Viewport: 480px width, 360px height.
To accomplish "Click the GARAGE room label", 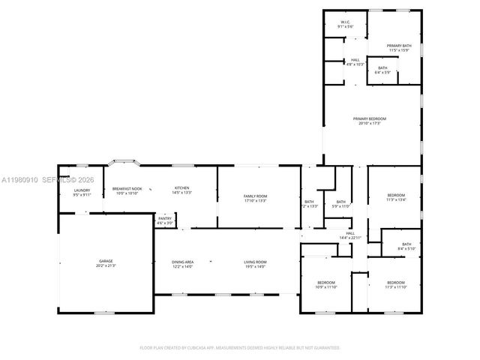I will point(106,261).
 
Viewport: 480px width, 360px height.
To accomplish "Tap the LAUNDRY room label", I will point(82,190).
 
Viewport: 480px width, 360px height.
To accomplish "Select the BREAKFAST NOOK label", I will point(126,188).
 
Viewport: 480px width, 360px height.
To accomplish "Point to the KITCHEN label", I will point(182,187).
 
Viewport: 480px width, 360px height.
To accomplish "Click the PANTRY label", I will point(164,217).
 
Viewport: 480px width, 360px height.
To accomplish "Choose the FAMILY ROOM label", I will point(256,196).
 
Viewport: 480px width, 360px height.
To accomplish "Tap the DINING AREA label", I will point(183,261).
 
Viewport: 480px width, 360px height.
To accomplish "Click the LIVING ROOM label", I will point(255,261).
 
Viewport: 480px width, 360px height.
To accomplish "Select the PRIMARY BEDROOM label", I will point(370,118).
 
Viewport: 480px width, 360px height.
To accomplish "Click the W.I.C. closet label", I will point(346,22).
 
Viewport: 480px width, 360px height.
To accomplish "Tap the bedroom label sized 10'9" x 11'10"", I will point(326,283).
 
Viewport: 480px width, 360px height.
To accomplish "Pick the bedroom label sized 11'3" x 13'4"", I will point(395,195).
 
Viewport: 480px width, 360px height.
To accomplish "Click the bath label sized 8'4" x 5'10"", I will point(406,244).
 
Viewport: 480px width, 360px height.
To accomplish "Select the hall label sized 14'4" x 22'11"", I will point(350,233).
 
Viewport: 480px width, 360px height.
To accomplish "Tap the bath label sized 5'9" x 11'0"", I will point(340,201).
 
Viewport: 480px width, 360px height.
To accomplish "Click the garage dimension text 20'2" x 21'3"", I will point(106,265).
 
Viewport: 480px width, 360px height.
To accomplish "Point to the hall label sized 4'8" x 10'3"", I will point(355,60).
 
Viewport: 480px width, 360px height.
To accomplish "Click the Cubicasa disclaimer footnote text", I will point(240,348).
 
